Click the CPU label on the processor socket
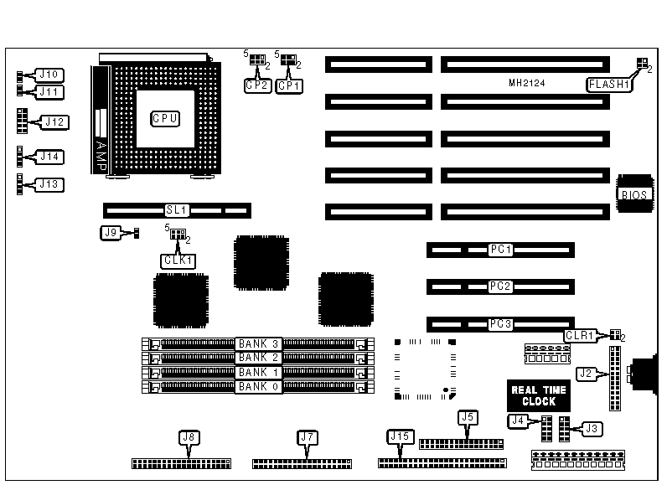coord(164,118)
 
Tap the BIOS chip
coord(634,193)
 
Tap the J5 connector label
coord(468,415)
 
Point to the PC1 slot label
coord(500,250)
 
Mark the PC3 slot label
coord(500,323)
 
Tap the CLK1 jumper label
coord(178,261)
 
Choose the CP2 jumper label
coord(256,85)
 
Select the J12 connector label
coord(54,122)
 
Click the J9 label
coord(111,233)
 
